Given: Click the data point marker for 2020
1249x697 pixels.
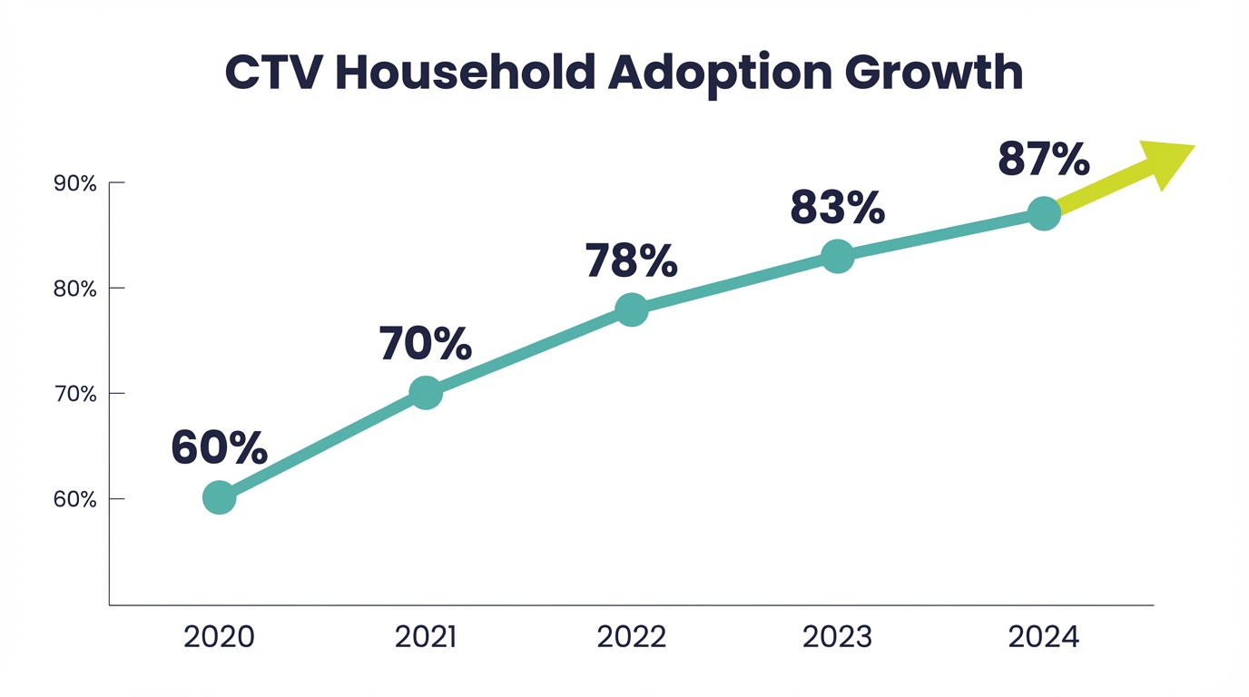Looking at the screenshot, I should pos(220,497).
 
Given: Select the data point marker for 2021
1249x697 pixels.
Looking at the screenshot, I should pos(426,393).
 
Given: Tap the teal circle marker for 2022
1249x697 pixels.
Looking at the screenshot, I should pos(631,309).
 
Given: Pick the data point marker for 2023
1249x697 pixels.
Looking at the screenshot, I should pos(837,257).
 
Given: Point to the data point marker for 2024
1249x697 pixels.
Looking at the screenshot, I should pos(1044,214).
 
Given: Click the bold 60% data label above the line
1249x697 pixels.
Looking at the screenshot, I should pos(220,447).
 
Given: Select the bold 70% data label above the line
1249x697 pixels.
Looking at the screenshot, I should pos(425,344).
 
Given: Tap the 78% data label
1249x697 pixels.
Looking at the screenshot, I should pos(631,260).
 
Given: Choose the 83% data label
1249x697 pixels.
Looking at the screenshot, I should pos(837,207).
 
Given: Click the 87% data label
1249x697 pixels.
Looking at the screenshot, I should pos(1043,160).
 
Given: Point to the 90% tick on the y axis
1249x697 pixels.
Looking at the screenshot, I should pos(75,183).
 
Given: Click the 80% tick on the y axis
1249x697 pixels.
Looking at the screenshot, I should pos(75,289).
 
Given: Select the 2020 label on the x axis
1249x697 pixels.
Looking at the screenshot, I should pos(219,636).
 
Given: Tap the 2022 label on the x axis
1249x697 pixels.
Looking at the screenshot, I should pos(631,636).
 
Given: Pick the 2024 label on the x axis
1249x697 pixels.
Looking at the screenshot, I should pos(1044,636).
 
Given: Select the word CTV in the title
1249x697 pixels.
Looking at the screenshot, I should pos(273,73).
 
